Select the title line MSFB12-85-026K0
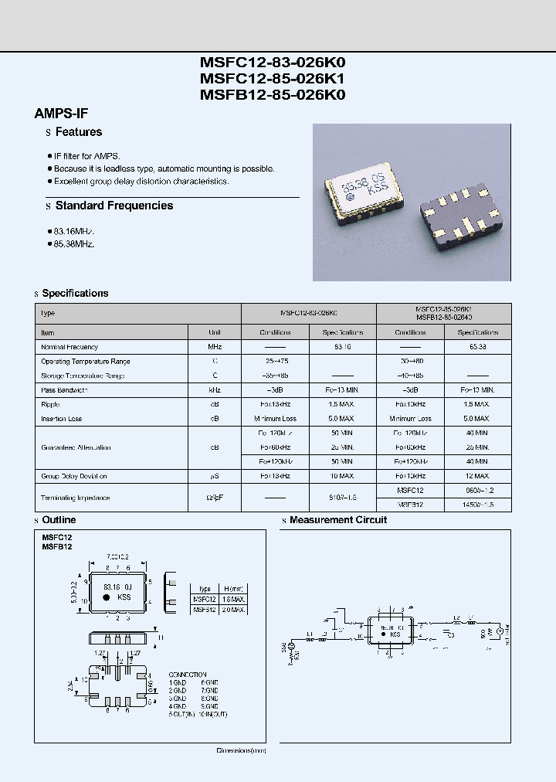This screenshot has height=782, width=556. (x=273, y=95)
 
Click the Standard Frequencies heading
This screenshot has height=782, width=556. (x=114, y=206)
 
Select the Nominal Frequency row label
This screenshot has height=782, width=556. (x=69, y=347)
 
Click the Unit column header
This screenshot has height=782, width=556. (x=215, y=332)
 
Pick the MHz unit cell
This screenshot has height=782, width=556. (x=215, y=347)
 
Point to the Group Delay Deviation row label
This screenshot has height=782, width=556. (x=73, y=476)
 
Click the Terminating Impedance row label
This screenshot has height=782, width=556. (x=75, y=498)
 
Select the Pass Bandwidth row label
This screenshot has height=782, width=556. (x=64, y=390)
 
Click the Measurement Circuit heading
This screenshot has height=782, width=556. (x=337, y=520)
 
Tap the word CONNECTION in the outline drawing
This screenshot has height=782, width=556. (x=187, y=675)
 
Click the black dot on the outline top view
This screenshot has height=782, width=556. (x=96, y=606)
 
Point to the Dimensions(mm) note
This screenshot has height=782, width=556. (x=241, y=750)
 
